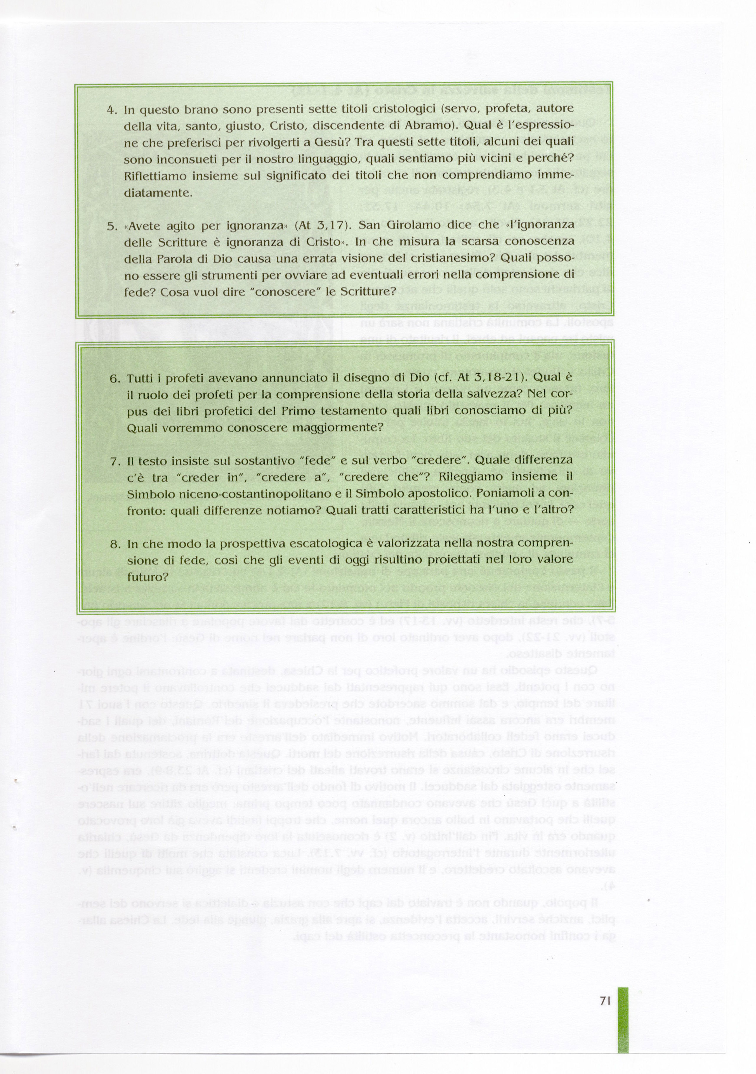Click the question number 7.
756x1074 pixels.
pos(115,461)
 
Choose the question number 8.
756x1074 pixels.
pos(115,544)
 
